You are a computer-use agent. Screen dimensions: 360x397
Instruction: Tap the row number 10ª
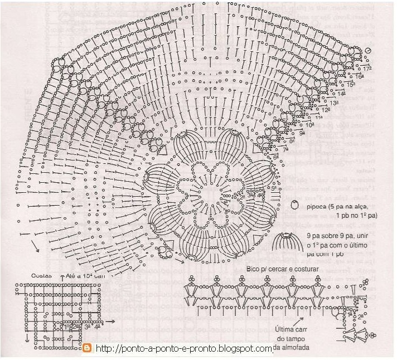click(x=309, y=125)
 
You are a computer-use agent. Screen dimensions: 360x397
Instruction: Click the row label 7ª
click(x=285, y=149)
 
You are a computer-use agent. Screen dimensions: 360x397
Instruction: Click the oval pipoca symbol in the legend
click(x=295, y=206)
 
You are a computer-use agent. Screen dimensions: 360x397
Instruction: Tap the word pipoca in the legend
click(x=318, y=205)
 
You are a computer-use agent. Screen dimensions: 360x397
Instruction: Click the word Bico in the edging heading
click(x=254, y=269)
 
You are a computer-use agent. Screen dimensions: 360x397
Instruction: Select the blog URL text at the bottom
click(x=184, y=349)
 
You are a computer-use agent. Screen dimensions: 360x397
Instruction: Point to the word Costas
click(x=41, y=275)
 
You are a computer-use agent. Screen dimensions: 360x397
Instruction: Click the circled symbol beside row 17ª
click(x=368, y=51)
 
